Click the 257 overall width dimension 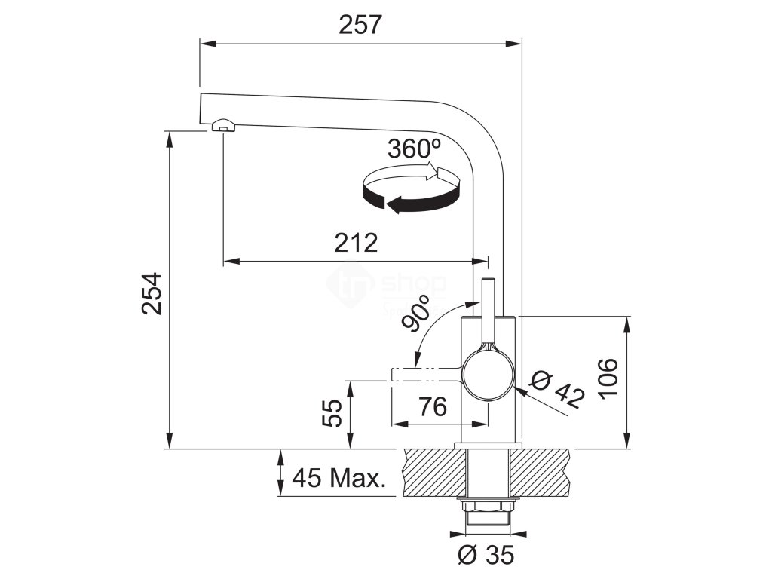(x=360, y=24)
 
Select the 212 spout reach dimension (x=355, y=243)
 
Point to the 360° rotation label (x=414, y=148)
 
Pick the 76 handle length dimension (x=432, y=407)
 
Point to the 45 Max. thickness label (x=339, y=477)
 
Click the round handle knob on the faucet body (x=489, y=375)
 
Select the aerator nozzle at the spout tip (x=223, y=125)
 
